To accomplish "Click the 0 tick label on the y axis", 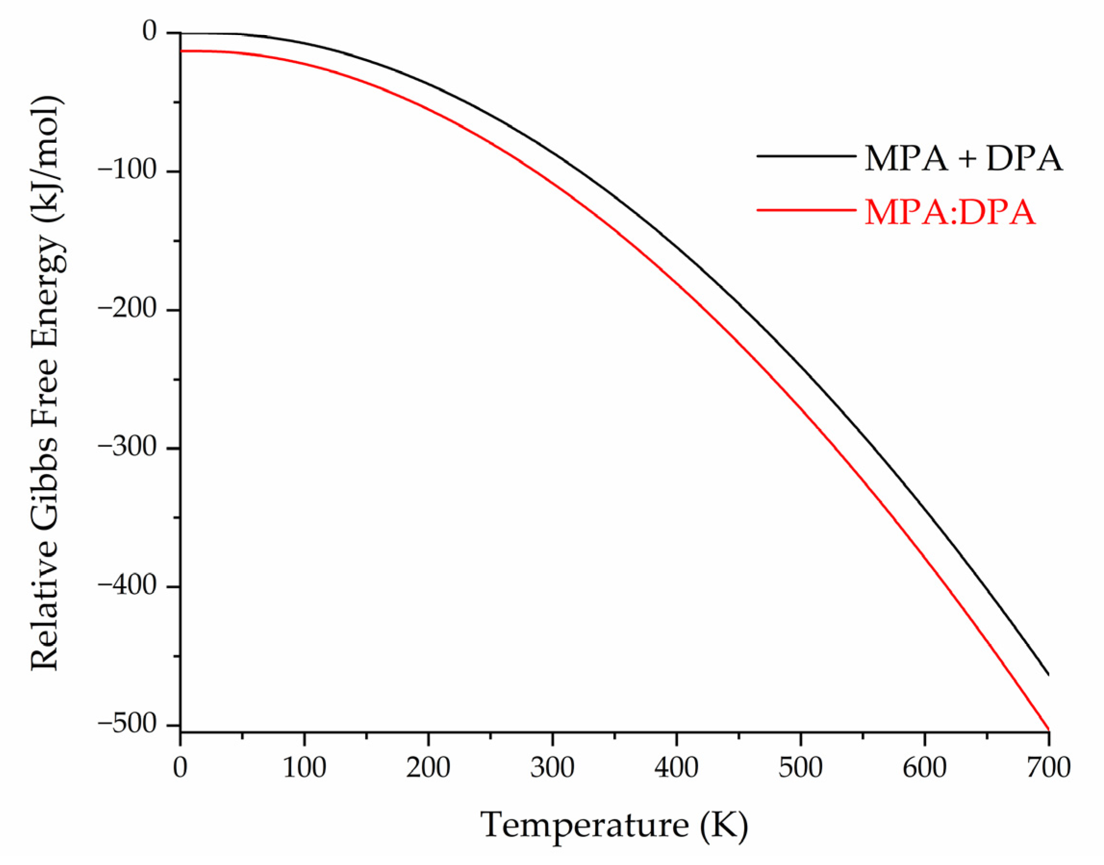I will (x=150, y=32).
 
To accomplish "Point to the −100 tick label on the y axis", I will (x=134, y=171).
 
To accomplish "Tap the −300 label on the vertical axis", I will (x=134, y=448).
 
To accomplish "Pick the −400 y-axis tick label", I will (x=134, y=586).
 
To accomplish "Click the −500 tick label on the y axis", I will (x=134, y=724).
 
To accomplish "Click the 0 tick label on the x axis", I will (x=180, y=768).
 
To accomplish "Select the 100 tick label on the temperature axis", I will (x=304, y=768).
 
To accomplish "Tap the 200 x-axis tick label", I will (x=428, y=768).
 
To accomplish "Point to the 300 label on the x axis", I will (x=552, y=768).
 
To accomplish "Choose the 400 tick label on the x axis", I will (x=676, y=768).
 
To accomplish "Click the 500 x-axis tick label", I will (x=800, y=768).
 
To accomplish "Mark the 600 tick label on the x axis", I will (x=925, y=768).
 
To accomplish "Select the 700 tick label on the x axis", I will (x=1048, y=768).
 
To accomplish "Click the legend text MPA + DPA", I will (x=963, y=158).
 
